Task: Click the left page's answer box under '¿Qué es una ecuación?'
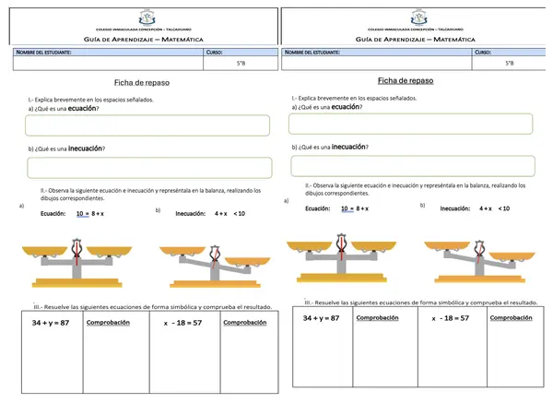[149, 125]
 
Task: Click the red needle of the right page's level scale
[342, 247]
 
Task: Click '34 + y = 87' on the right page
[322, 318]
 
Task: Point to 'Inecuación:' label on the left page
[191, 213]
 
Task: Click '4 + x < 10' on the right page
[494, 208]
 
